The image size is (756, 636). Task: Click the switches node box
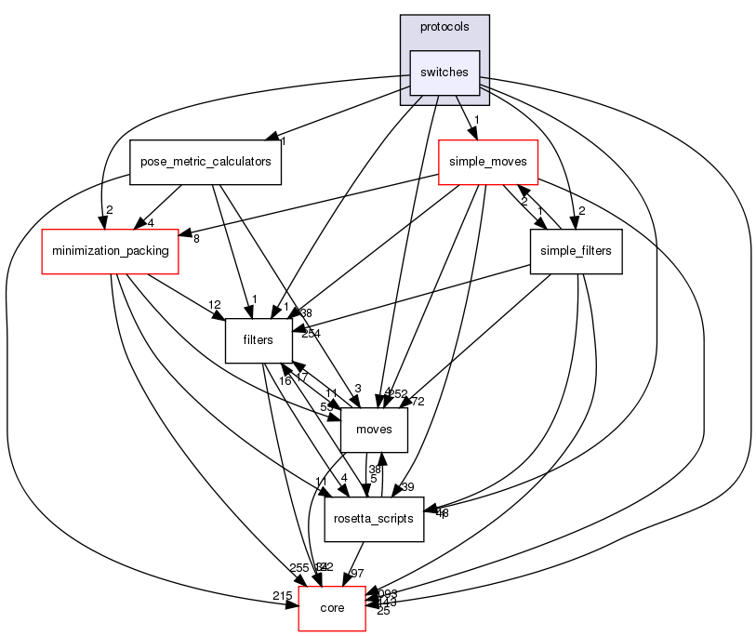pyautogui.click(x=444, y=73)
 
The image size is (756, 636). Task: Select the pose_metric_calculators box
pyautogui.click(x=205, y=162)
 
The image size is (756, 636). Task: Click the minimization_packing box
pyautogui.click(x=110, y=251)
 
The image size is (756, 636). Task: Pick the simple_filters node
pyautogui.click(x=576, y=251)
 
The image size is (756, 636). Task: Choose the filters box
pyautogui.click(x=258, y=340)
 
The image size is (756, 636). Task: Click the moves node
pyautogui.click(x=374, y=430)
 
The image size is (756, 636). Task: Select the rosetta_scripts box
pyautogui.click(x=374, y=519)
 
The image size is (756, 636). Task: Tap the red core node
pyautogui.click(x=332, y=608)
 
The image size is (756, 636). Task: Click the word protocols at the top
pyautogui.click(x=444, y=27)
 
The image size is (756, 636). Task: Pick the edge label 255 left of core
pyautogui.click(x=299, y=568)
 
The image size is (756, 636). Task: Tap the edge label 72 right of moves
pyautogui.click(x=418, y=401)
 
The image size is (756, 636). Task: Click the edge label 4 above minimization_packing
pyautogui.click(x=149, y=222)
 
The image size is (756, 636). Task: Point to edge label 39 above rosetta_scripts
pyautogui.click(x=407, y=487)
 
